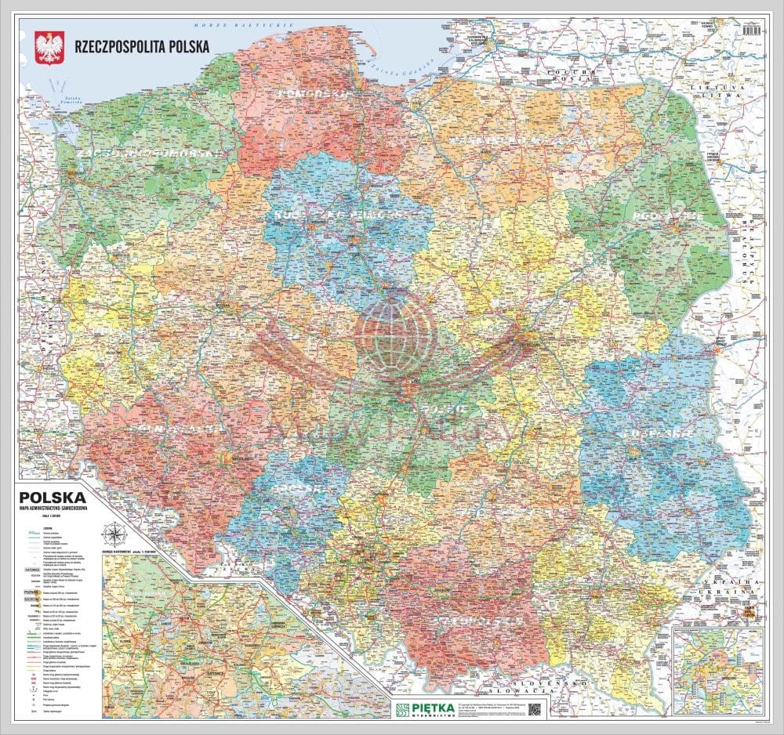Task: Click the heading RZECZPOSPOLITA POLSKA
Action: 141,45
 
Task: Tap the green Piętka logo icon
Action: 402,708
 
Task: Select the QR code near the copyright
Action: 535,708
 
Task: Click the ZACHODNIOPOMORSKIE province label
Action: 145,153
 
